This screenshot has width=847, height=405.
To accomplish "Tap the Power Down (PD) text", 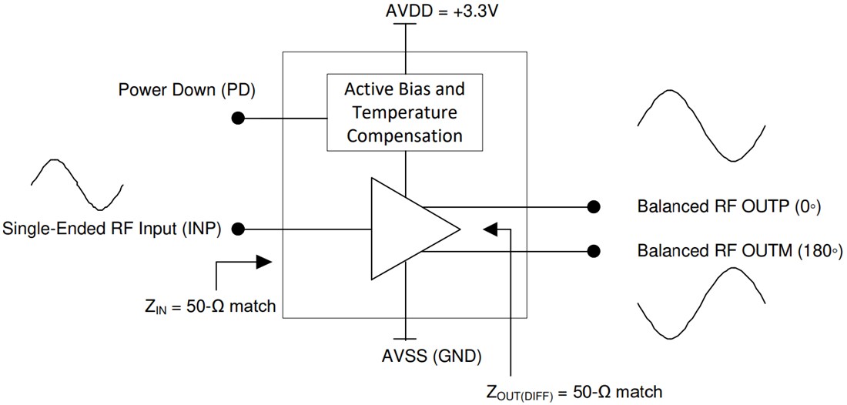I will (186, 90).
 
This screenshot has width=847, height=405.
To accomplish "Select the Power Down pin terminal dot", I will (239, 119).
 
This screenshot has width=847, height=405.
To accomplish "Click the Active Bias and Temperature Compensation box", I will (405, 112).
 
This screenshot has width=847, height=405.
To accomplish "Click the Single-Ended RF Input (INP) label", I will (112, 229).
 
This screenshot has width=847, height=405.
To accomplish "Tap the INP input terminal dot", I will (239, 229).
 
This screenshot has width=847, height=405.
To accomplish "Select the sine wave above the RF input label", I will (77, 184).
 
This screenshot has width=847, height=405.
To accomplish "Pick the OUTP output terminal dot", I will (593, 206).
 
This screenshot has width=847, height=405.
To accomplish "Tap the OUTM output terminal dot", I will (593, 250).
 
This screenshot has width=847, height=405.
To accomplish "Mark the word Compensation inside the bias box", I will (405, 136).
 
